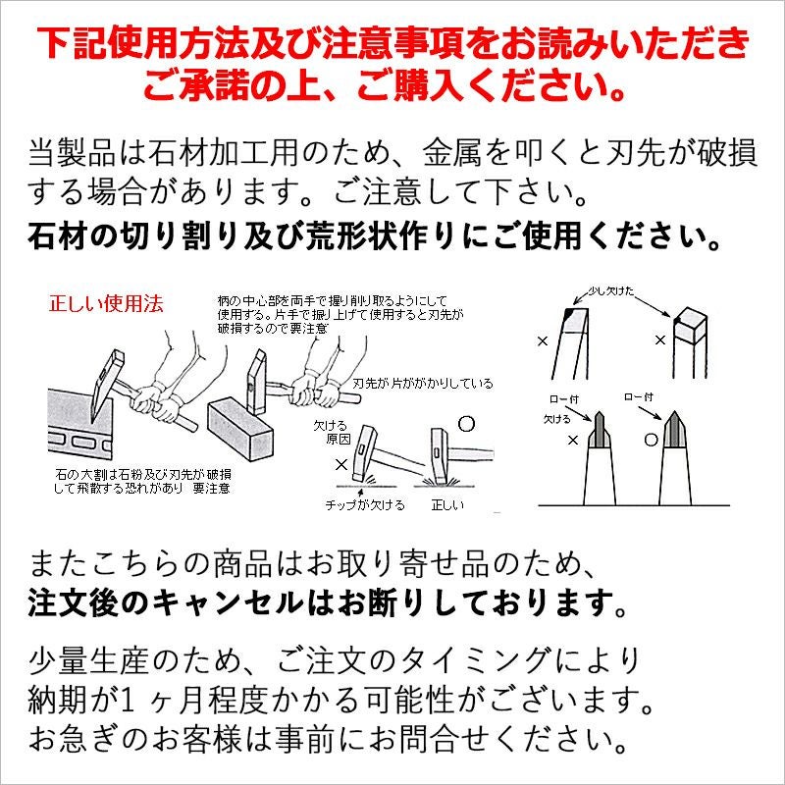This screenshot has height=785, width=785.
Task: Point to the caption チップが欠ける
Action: tap(364, 504)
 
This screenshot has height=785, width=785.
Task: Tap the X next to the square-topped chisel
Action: tap(660, 339)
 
